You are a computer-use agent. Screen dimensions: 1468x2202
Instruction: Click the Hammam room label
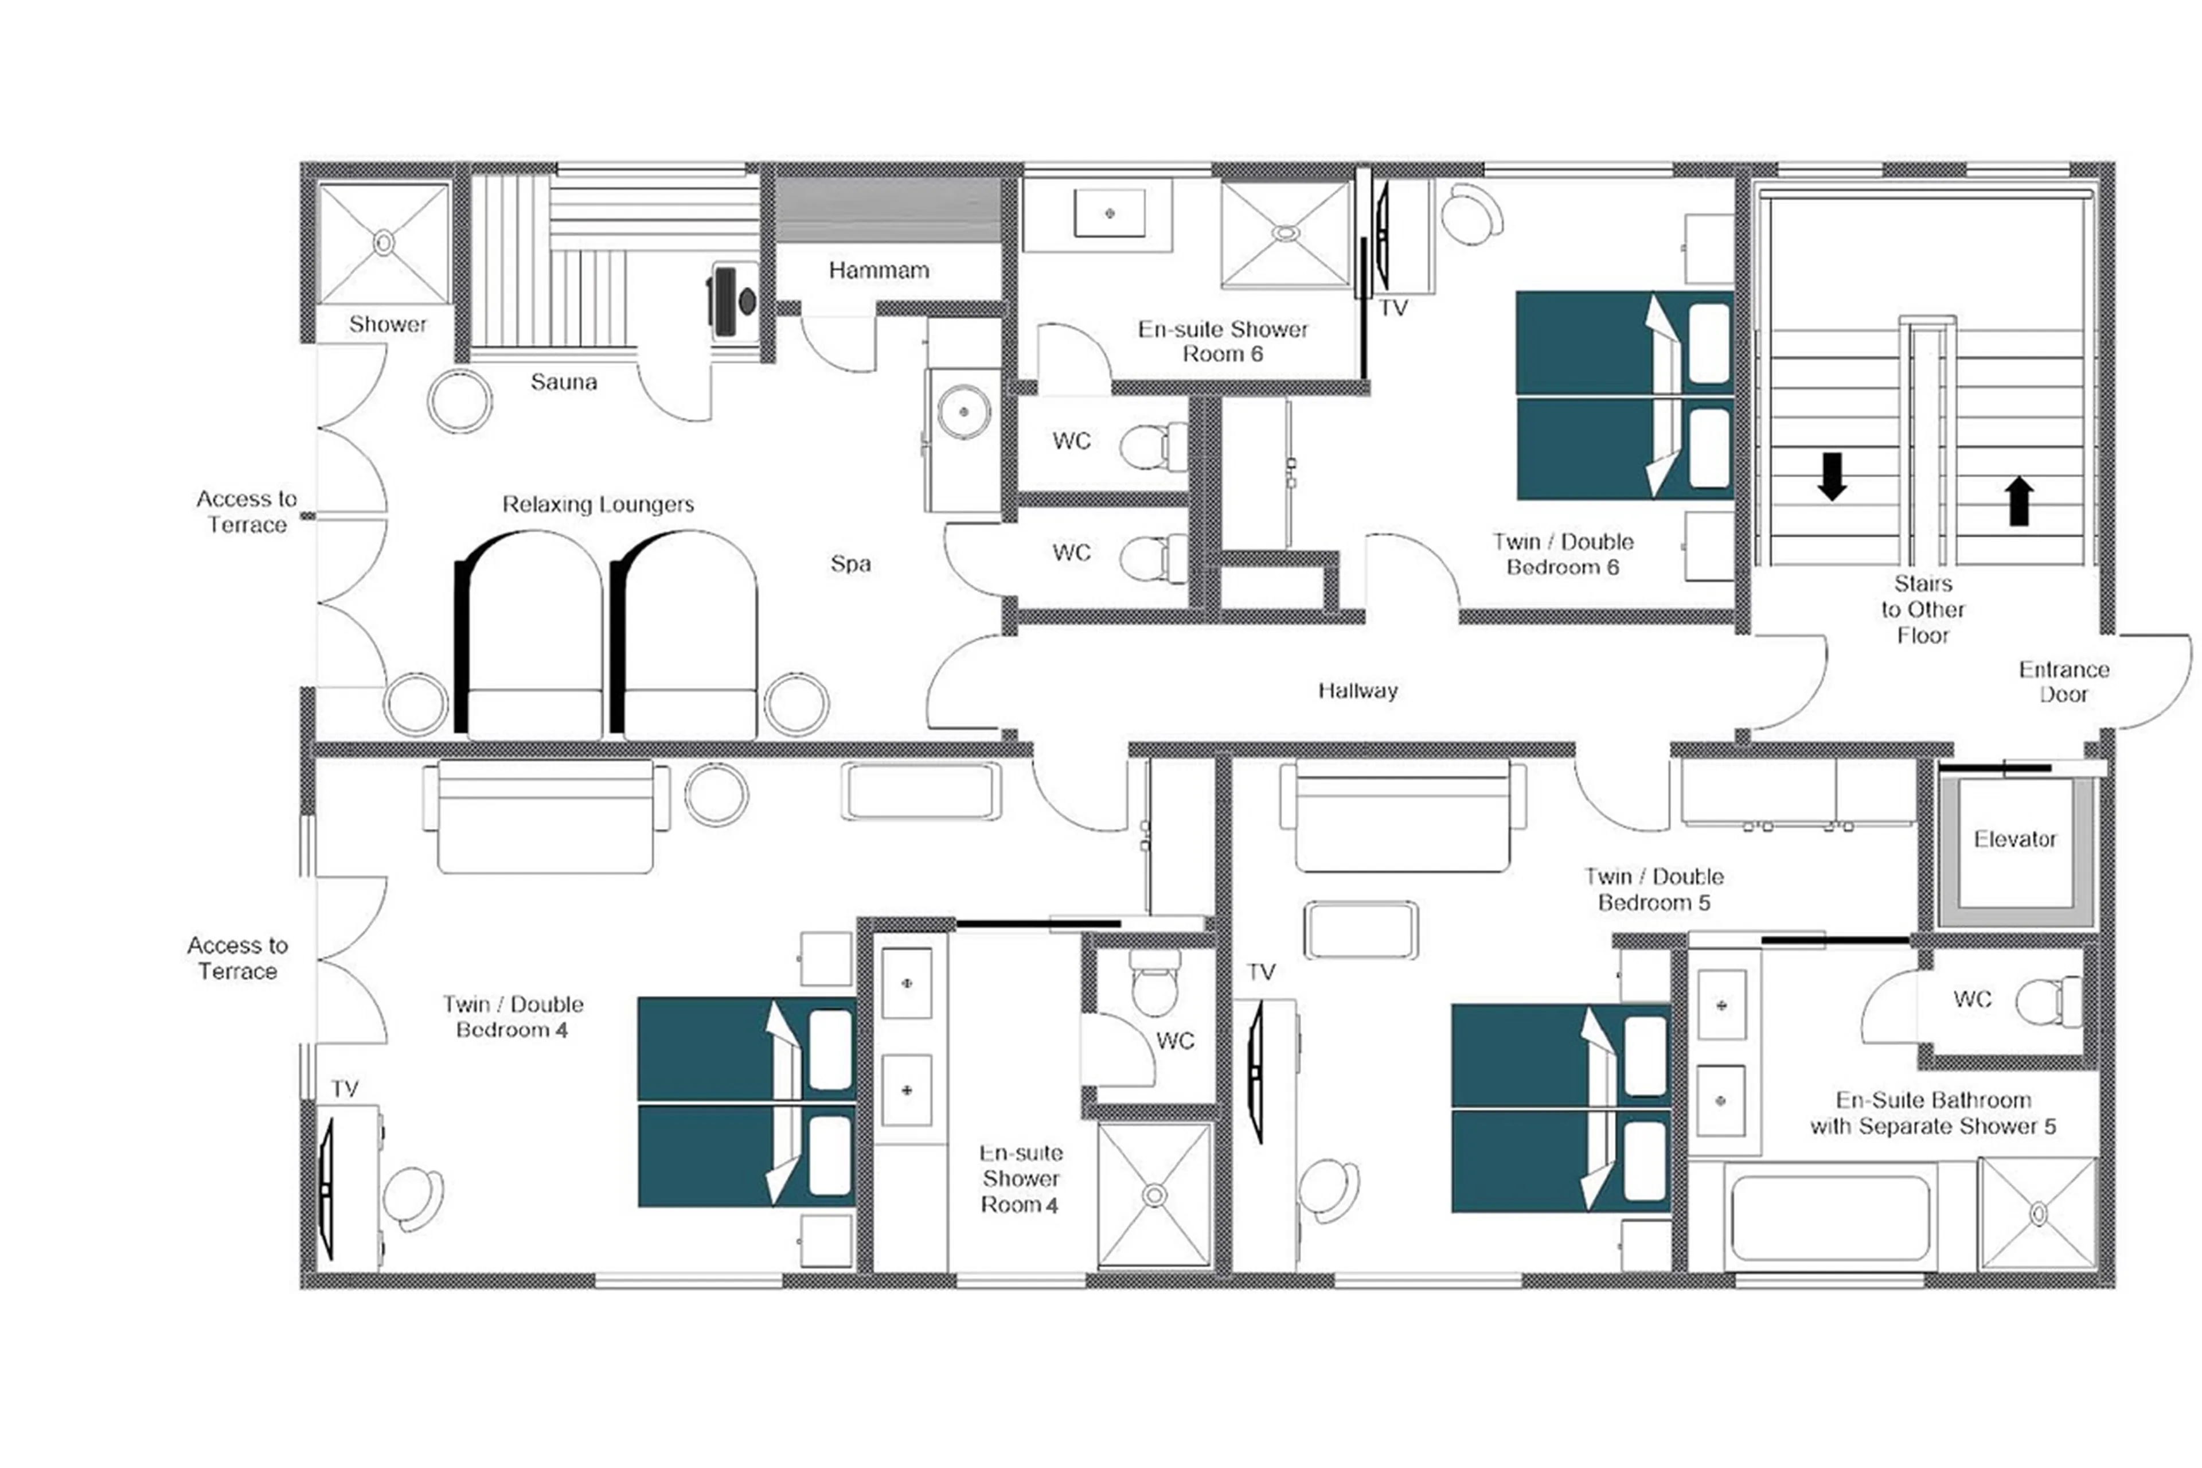(x=878, y=271)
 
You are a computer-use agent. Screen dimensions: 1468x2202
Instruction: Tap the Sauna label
(x=563, y=382)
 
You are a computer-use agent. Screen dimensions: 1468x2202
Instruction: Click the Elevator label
(x=2014, y=839)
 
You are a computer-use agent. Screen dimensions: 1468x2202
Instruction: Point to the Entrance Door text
(x=2063, y=682)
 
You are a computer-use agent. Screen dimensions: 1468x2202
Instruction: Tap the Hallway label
(x=1357, y=691)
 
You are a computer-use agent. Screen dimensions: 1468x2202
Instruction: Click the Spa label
(x=850, y=563)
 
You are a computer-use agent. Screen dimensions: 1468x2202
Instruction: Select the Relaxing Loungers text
(x=597, y=505)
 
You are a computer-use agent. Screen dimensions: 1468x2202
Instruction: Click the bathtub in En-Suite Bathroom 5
(x=1829, y=1218)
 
